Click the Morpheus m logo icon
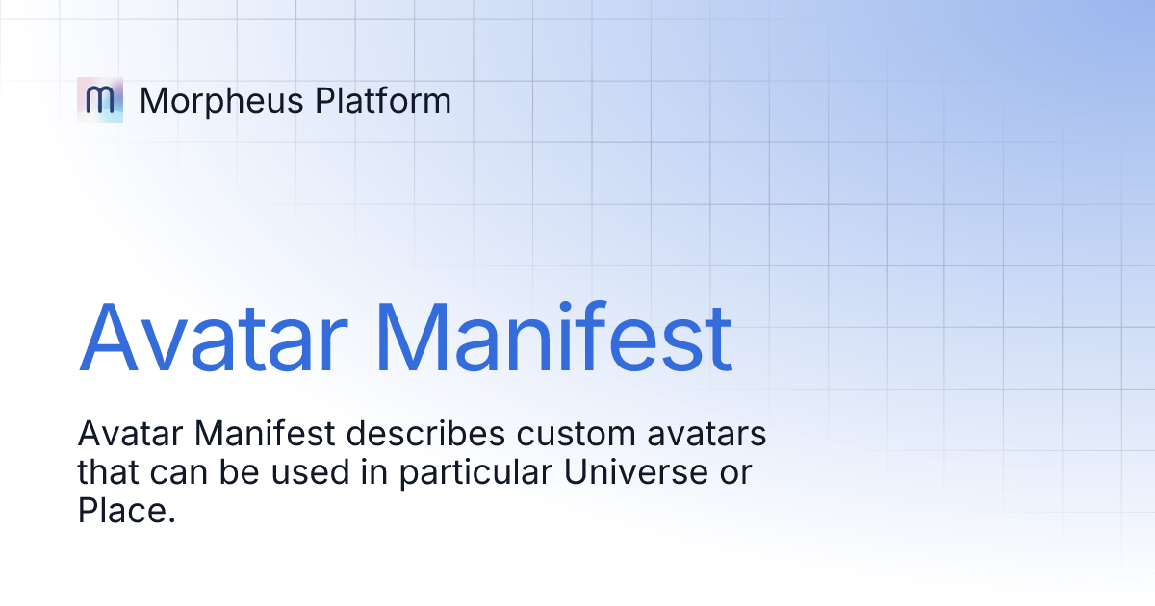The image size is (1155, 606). (100, 100)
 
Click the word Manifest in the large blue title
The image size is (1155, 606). (552, 339)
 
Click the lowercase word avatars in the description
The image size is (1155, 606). (707, 435)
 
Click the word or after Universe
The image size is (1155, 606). (733, 472)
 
